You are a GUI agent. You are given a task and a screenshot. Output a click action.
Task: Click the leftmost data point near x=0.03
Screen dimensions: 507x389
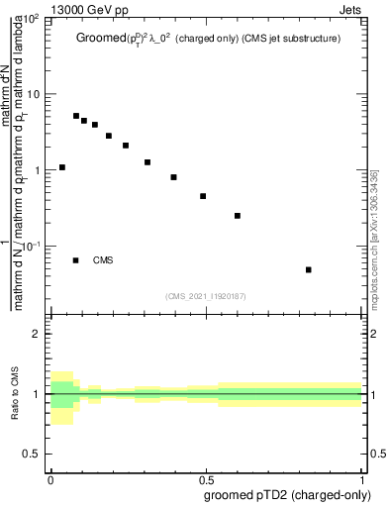pyautogui.click(x=61, y=167)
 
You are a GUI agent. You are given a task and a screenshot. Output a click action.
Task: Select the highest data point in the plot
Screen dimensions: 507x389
pyautogui.click(x=76, y=116)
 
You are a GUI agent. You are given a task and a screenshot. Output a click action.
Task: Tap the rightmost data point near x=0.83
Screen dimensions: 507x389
pyautogui.click(x=309, y=269)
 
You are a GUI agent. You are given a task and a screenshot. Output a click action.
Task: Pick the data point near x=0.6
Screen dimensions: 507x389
pyautogui.click(x=238, y=215)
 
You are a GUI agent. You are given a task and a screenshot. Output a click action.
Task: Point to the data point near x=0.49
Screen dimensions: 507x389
pyautogui.click(x=203, y=196)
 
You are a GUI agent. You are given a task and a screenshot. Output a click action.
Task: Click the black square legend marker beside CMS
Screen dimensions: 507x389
pyautogui.click(x=76, y=260)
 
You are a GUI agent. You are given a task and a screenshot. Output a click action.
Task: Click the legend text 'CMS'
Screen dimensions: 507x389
pyautogui.click(x=103, y=260)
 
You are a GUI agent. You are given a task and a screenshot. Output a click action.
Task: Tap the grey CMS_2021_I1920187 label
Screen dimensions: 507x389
pyautogui.click(x=207, y=295)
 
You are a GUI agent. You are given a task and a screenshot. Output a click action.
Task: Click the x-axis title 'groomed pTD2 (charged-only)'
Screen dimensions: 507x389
pyautogui.click(x=284, y=493)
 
